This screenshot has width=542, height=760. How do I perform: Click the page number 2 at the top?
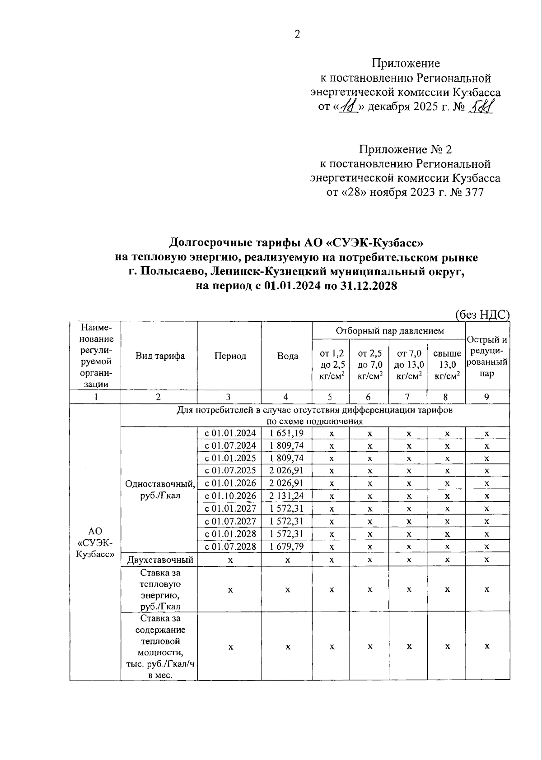(x=297, y=35)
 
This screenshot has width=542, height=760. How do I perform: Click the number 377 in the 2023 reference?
(x=473, y=193)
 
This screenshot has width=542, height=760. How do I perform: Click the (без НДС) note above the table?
(x=482, y=315)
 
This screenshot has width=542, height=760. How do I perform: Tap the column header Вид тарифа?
(x=160, y=356)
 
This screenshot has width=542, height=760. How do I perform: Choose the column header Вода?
(x=287, y=356)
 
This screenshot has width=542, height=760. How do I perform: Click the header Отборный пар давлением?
(x=389, y=331)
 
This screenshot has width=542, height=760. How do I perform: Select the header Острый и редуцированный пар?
(x=487, y=357)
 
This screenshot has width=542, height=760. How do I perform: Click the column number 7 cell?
(x=407, y=397)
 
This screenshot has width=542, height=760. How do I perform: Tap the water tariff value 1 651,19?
(x=286, y=433)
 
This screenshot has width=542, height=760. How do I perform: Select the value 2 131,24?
(x=286, y=496)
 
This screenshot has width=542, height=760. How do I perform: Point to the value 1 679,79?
(x=286, y=547)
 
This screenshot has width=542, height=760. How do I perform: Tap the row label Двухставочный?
(x=160, y=560)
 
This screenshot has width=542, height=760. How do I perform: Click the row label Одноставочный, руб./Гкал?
(x=160, y=490)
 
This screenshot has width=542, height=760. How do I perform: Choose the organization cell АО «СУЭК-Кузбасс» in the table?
(x=95, y=542)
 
